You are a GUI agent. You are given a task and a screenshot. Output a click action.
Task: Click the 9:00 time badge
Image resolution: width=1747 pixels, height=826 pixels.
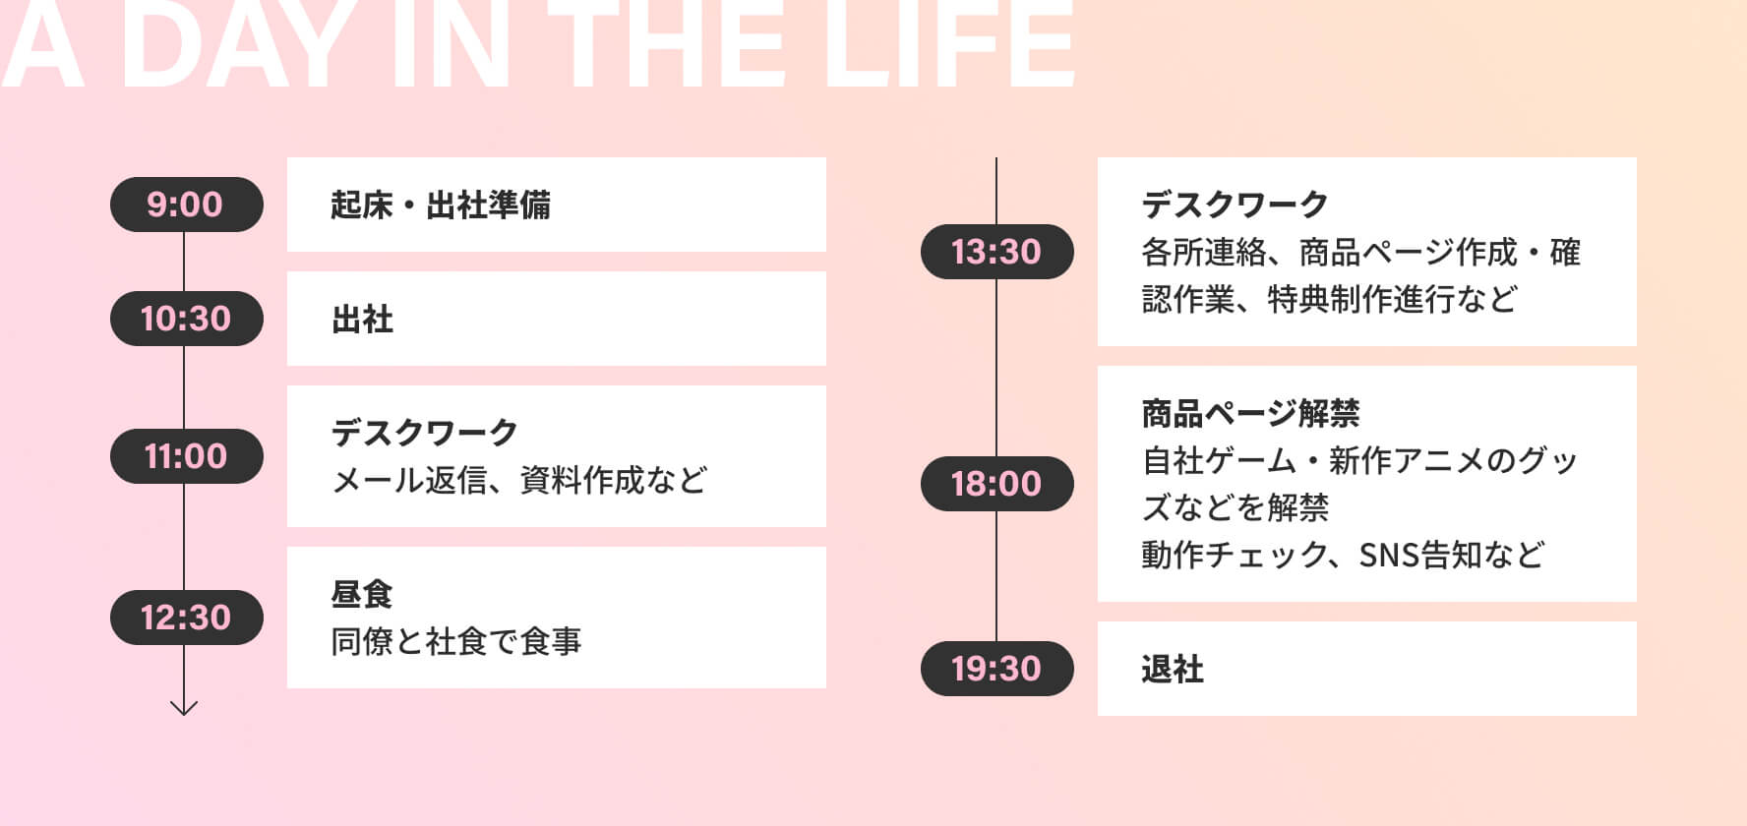186,205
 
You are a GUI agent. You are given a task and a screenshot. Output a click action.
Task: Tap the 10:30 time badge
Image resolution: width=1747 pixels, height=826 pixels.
186,319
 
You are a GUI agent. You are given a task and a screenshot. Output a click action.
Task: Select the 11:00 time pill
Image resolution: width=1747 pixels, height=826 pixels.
186,456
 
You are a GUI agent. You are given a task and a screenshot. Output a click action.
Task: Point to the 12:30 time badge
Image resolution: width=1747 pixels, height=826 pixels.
186,618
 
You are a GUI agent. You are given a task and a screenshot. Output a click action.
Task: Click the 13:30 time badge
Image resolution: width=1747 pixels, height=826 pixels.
996,252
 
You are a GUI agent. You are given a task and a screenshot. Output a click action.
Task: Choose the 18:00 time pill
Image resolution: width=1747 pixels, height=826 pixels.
996,484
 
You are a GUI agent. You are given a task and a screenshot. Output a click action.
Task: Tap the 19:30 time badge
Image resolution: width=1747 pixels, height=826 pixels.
996,669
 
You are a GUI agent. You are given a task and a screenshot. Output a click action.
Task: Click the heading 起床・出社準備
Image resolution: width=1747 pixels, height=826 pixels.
441,205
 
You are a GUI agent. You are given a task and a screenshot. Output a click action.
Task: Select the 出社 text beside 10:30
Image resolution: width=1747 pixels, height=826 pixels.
362,320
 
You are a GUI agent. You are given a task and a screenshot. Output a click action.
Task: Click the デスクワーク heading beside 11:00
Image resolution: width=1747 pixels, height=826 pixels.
425,433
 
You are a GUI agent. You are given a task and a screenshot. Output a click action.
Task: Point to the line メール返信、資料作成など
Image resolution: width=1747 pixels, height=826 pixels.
519,480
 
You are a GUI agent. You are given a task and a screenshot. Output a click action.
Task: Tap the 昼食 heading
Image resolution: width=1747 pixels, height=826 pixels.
362,594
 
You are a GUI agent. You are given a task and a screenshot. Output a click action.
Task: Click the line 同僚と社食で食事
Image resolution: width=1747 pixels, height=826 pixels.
456,641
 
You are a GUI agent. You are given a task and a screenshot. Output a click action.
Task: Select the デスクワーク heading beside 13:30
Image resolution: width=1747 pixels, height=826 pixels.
1235,205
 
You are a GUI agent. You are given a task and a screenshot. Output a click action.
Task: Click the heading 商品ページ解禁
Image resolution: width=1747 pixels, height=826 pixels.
1250,413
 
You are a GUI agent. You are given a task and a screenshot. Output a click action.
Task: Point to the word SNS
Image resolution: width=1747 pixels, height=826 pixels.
1389,556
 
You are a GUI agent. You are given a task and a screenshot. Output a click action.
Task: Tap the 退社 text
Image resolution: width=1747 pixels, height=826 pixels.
1173,669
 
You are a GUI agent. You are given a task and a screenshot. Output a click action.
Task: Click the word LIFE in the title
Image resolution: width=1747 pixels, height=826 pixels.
948,44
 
